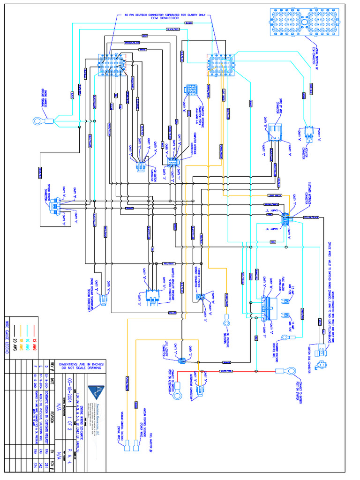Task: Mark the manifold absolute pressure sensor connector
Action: click(x=150, y=294)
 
